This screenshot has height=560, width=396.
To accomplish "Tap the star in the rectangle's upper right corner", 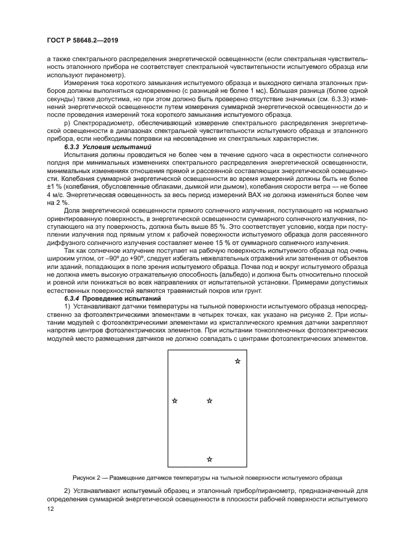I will tap(237, 361).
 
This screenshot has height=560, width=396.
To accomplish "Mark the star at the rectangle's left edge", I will tap(174, 401).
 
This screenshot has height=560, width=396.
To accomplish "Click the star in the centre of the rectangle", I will tap(209, 401).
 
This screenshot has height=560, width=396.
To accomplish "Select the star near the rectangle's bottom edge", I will tap(209, 459).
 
